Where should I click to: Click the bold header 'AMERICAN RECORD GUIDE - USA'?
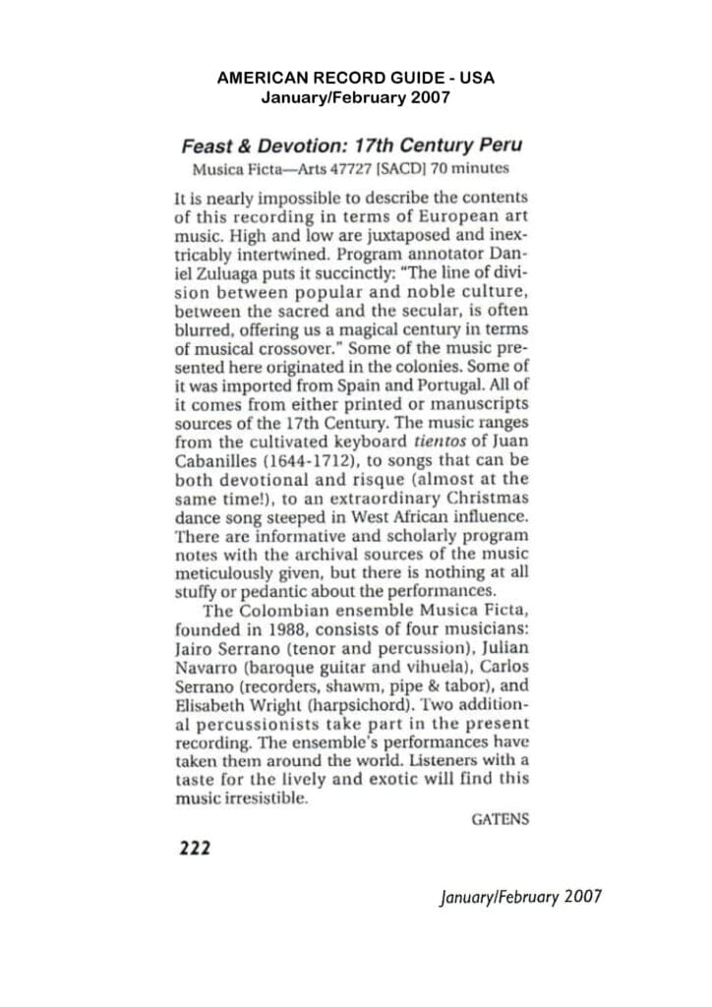(356, 77)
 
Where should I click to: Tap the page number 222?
(194, 847)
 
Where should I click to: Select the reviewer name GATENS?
(500, 818)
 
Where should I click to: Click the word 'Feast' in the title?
(208, 146)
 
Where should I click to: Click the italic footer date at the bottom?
(520, 896)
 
